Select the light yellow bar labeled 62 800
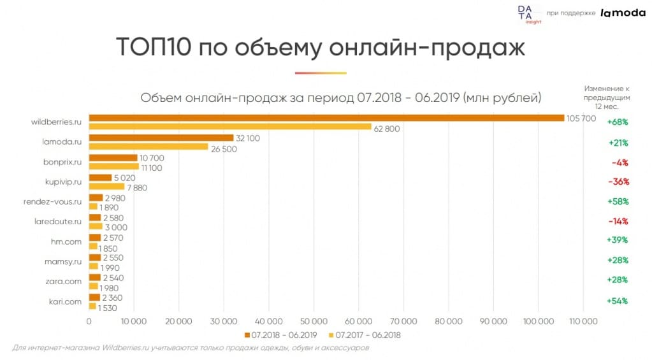(230, 127)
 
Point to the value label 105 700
(581, 119)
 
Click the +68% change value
(618, 122)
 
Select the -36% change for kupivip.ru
(618, 182)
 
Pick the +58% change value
(618, 201)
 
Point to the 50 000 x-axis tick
(314, 321)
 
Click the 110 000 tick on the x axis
(583, 321)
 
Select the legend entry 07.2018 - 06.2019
(280, 335)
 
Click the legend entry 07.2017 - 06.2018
(364, 335)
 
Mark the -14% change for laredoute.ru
(618, 221)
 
